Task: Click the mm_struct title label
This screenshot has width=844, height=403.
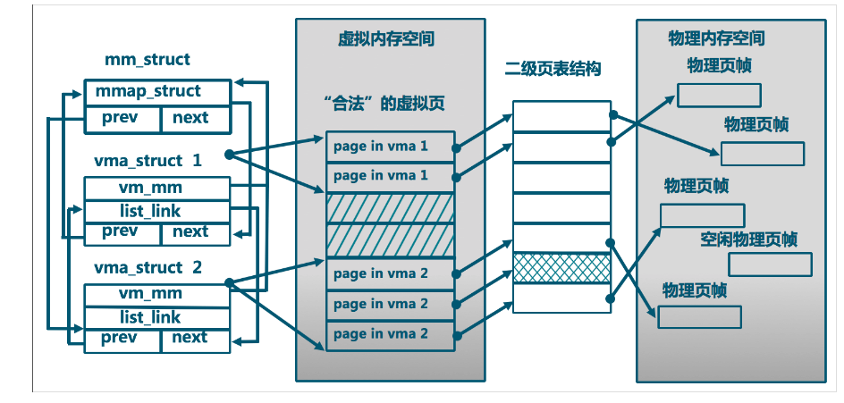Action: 148,60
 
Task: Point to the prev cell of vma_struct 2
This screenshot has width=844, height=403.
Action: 122,338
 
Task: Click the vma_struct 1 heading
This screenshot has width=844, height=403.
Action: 148,161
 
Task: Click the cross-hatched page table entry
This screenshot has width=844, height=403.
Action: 561,268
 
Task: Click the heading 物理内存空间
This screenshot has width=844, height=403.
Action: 716,39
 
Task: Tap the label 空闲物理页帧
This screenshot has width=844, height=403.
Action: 749,239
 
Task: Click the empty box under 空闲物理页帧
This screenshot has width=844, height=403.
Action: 770,264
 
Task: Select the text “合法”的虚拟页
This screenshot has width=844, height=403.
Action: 385,105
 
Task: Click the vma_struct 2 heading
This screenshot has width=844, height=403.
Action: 148,267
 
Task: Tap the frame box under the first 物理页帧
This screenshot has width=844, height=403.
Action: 719,95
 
